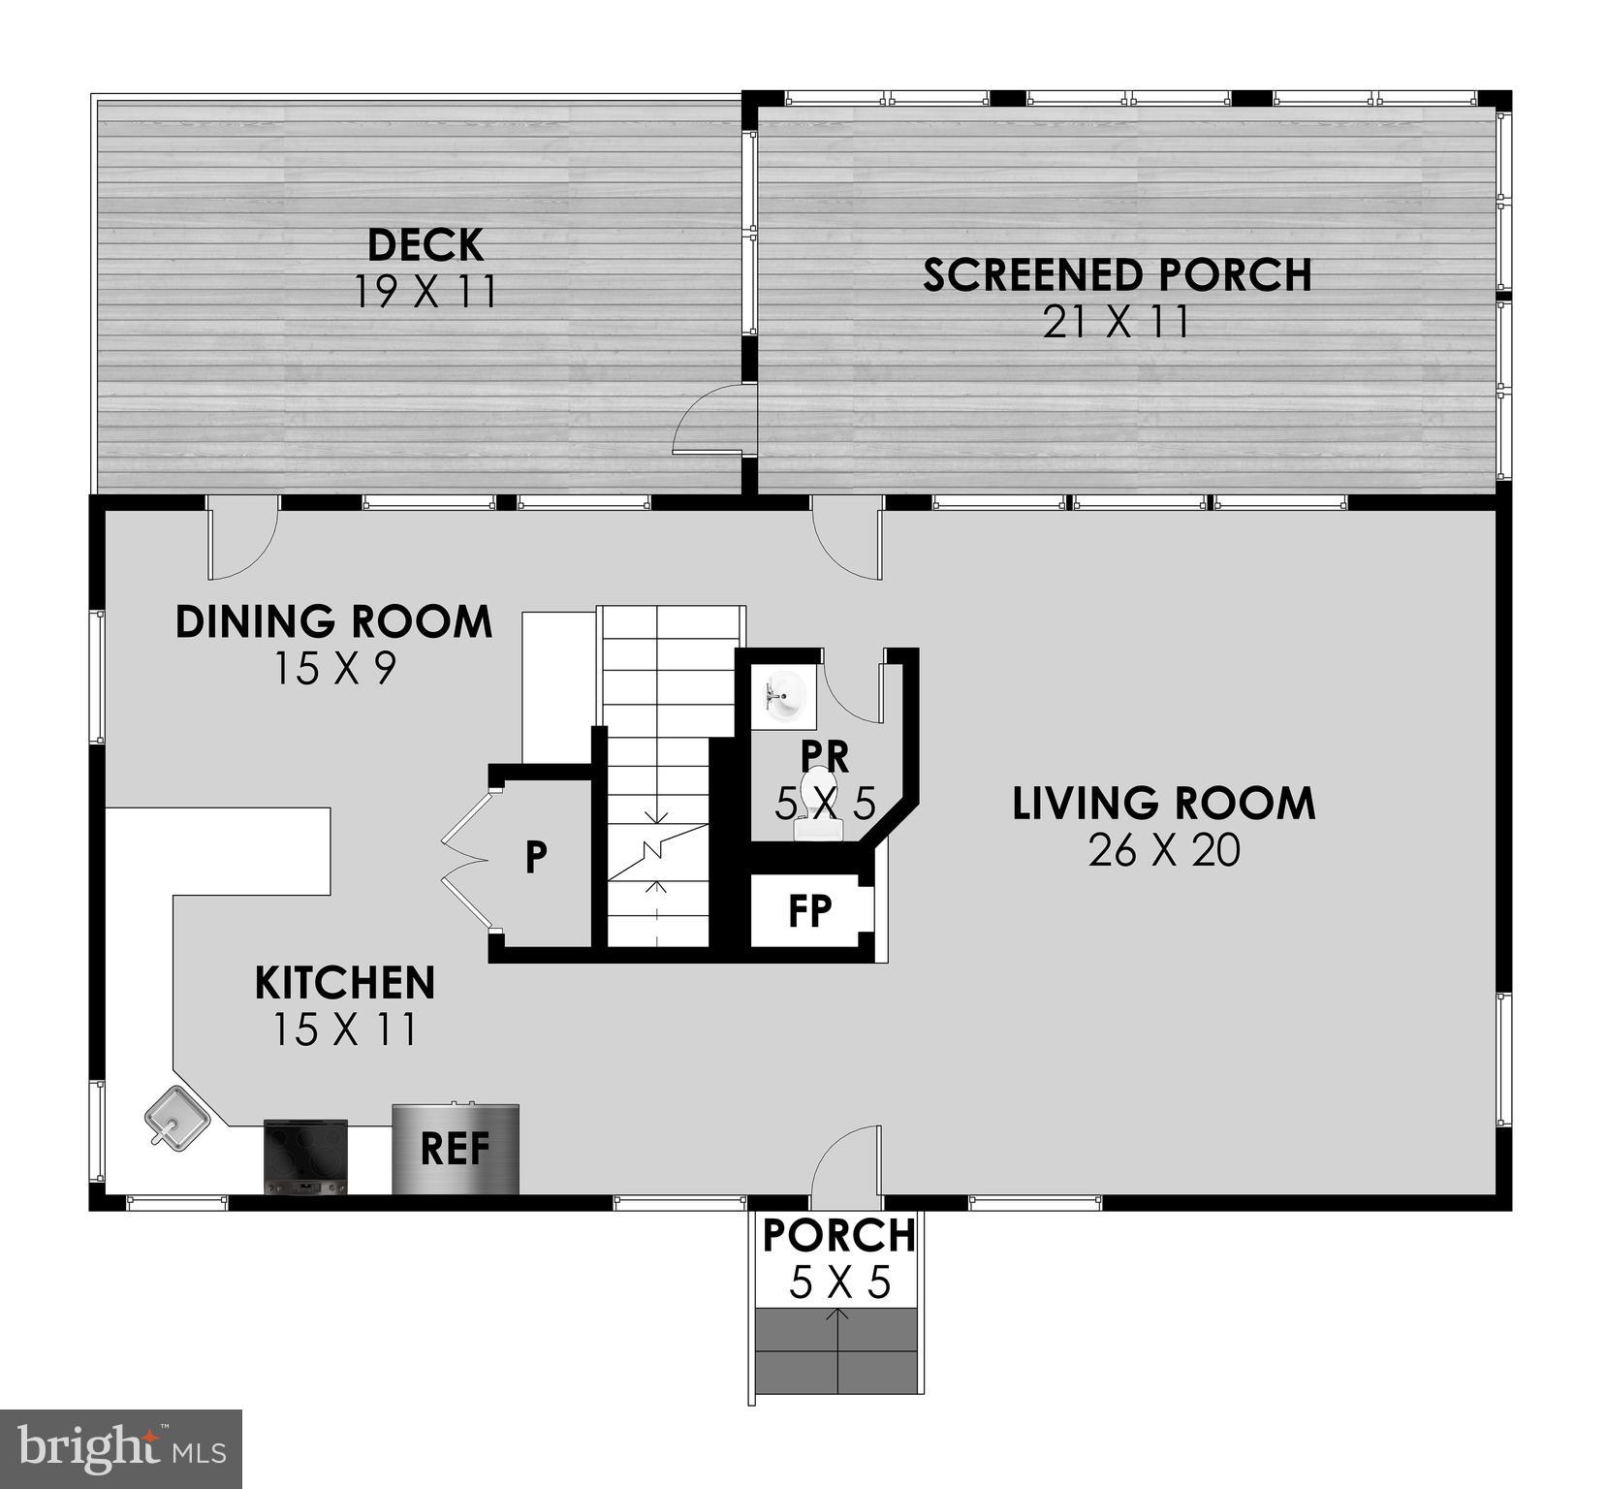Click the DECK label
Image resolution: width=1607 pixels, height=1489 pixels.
(x=425, y=245)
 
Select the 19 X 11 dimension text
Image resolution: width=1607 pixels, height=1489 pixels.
(x=425, y=291)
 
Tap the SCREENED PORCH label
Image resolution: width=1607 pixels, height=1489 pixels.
(x=1117, y=275)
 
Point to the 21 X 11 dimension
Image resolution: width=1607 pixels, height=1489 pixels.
(x=1117, y=322)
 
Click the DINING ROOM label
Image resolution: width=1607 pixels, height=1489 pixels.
(x=333, y=621)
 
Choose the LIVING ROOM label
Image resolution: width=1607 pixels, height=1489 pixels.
(x=1164, y=804)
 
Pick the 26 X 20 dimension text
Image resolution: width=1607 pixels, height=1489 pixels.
(x=1164, y=851)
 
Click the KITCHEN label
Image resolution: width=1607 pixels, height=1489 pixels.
(x=345, y=983)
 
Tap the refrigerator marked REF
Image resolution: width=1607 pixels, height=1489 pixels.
(x=456, y=1149)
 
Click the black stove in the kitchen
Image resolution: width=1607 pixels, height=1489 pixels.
(x=305, y=1156)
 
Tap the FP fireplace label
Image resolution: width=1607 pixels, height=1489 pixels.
(x=809, y=911)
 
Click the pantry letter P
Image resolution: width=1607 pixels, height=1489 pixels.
(x=536, y=857)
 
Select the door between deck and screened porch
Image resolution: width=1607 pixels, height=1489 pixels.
(x=712, y=419)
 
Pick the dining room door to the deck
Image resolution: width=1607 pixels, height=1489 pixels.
(x=242, y=538)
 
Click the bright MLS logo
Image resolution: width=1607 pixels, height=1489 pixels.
(x=121, y=1448)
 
